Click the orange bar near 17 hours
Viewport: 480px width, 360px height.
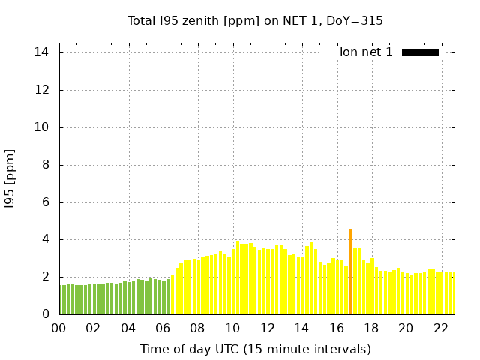tap(350, 272)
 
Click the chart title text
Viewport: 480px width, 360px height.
tap(255, 20)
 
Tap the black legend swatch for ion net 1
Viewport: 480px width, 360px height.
tap(420, 52)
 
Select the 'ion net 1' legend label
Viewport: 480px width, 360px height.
tap(366, 52)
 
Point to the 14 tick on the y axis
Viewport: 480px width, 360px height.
tap(42, 52)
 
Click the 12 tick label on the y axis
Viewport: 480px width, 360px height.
tap(42, 90)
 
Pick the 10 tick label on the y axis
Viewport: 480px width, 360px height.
tap(42, 127)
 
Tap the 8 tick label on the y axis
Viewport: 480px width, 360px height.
tap(45, 165)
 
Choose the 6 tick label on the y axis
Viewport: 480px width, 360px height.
tap(45, 202)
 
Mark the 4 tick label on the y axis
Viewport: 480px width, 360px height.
tap(45, 239)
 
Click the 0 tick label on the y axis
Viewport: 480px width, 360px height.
tap(45, 314)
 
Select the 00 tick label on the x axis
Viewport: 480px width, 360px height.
tap(59, 328)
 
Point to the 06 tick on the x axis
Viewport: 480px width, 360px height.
tap(163, 328)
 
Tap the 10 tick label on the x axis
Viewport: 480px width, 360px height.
tap(232, 328)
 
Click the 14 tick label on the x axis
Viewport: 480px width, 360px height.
tap(301, 328)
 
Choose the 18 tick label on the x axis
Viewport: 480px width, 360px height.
tap(370, 328)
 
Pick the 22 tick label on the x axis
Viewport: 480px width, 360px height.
tap(440, 328)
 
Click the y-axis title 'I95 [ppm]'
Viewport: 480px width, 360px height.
tap(10, 178)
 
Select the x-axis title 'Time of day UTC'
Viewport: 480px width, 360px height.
tap(255, 349)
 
